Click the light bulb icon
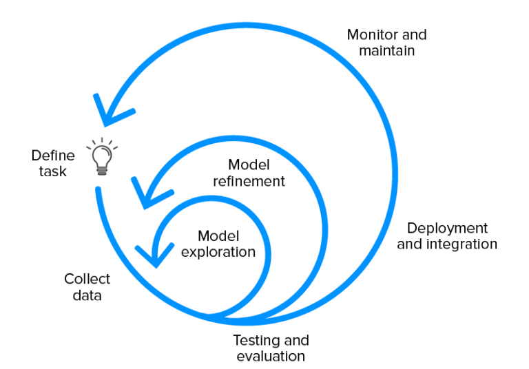click(x=101, y=157)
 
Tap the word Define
click(x=52, y=156)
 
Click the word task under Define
click(x=53, y=171)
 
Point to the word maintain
click(x=386, y=50)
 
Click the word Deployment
click(x=447, y=228)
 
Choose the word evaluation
click(x=271, y=356)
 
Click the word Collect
click(x=87, y=279)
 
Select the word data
click(x=87, y=295)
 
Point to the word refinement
click(x=249, y=182)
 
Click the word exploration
click(x=218, y=252)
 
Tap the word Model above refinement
click(x=248, y=165)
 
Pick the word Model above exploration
click(x=218, y=235)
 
